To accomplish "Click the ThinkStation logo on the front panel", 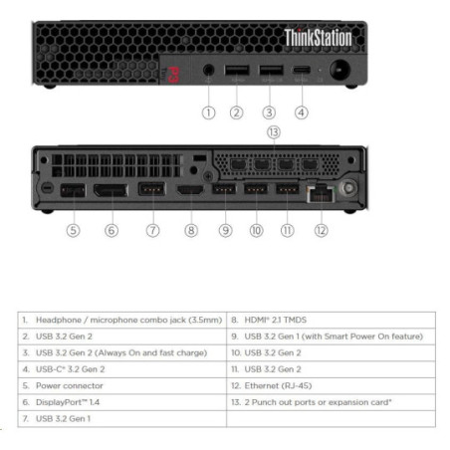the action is (x=318, y=38).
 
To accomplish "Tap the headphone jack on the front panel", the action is (x=208, y=70).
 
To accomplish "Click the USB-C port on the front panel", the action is (x=302, y=70).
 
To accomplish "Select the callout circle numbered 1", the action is (x=209, y=112).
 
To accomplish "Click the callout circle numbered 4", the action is (x=302, y=112).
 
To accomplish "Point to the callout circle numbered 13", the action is (x=274, y=132).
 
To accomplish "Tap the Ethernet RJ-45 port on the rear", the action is (x=321, y=194).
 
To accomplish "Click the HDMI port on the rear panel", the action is (x=190, y=190).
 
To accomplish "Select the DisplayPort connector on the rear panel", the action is (x=111, y=190).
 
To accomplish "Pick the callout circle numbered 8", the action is (x=191, y=230).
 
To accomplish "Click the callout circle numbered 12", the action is (x=322, y=230).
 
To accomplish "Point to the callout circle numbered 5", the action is (x=73, y=230).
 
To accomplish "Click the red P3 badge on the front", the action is (x=173, y=75).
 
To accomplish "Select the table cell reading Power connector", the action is (x=122, y=386).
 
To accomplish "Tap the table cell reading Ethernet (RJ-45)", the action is (x=331, y=386).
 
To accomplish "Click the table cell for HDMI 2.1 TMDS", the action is (x=331, y=320).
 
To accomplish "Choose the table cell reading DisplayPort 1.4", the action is (x=122, y=402).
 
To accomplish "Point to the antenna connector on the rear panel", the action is (x=348, y=188).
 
